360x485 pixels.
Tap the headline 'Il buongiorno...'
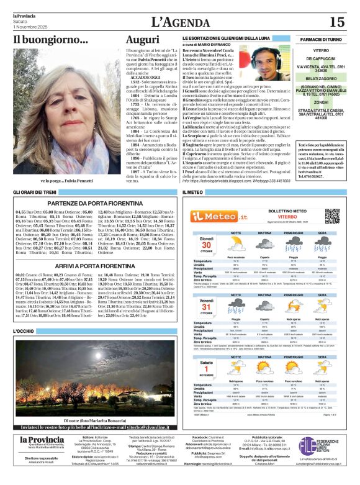(x=51, y=40)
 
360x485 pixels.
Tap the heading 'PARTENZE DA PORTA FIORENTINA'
(x=95, y=202)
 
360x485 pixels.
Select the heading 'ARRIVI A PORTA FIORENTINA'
(x=95, y=265)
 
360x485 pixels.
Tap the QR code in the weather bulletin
(x=332, y=216)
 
